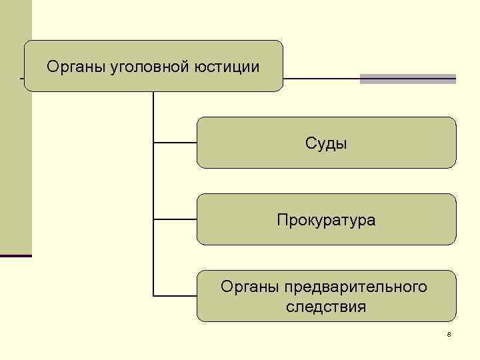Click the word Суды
326,143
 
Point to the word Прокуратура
326,220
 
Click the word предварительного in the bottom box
355,287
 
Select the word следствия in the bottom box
326,307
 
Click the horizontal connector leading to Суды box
175,142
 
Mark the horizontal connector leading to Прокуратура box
175,219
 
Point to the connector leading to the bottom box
175,295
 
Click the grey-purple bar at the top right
407,79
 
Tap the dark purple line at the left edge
15,255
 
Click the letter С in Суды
310,143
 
